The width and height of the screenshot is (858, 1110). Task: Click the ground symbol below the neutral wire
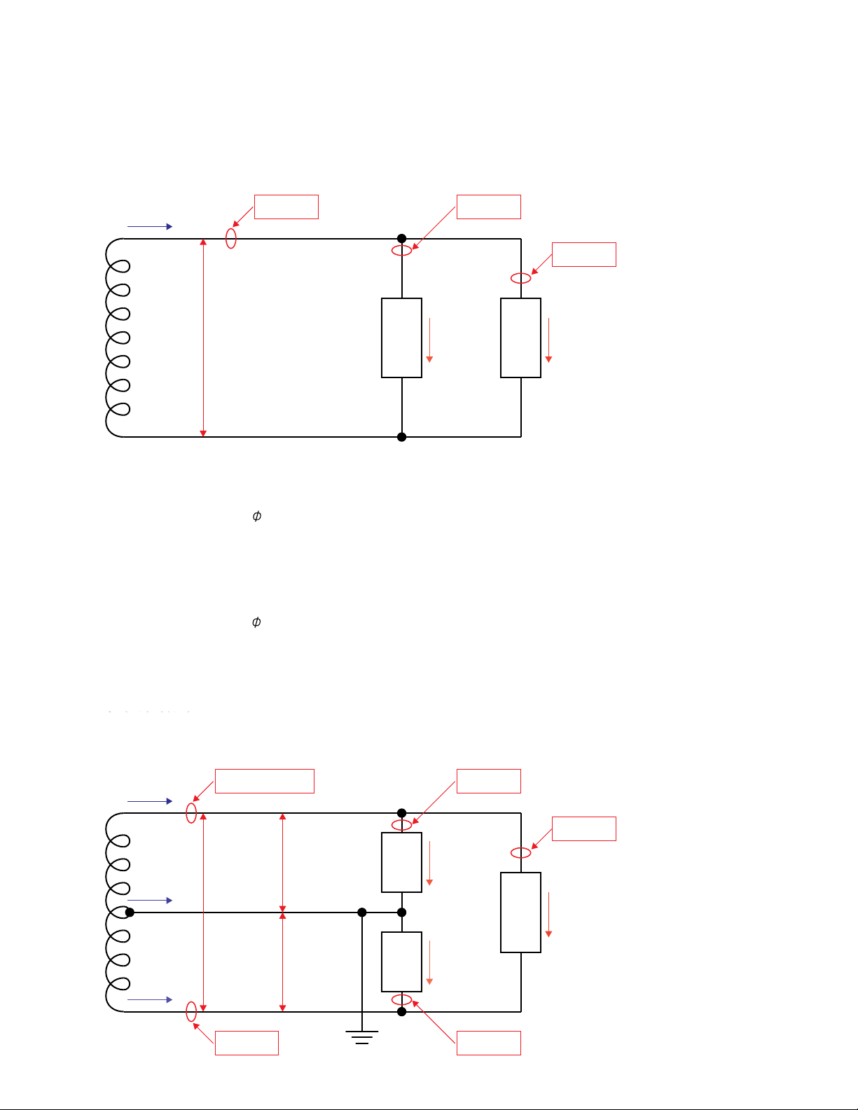(x=362, y=1036)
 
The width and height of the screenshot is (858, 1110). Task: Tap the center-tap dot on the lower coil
(x=130, y=913)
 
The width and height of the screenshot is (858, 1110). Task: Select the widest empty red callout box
(x=264, y=781)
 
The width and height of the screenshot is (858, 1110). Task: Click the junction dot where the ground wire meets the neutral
(x=362, y=913)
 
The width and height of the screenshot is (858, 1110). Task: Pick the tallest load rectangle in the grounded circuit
(x=520, y=913)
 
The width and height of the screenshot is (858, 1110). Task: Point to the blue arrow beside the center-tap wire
(x=150, y=901)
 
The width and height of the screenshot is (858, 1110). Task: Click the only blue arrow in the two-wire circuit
(x=150, y=227)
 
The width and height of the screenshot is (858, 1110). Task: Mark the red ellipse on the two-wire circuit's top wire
(x=231, y=239)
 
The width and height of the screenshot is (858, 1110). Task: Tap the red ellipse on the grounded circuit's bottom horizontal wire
(x=191, y=1011)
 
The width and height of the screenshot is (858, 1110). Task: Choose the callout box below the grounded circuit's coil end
(x=247, y=1043)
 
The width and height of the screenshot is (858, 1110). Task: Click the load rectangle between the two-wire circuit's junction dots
(x=401, y=338)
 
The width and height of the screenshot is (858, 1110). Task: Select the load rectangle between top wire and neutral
(x=401, y=862)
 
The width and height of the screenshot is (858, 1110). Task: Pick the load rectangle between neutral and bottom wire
(x=401, y=962)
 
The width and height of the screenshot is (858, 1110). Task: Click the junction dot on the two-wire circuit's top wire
(x=401, y=239)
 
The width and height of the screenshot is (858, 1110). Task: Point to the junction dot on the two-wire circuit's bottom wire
(x=401, y=437)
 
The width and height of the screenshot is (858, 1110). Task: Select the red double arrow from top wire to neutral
(x=282, y=863)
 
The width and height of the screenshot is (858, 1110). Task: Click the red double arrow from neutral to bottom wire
(x=282, y=962)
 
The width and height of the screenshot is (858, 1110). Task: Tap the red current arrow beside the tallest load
(x=548, y=915)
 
